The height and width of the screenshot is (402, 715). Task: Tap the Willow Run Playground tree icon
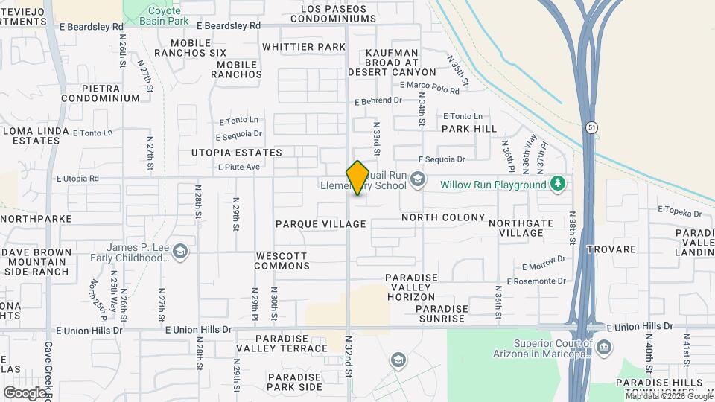(x=557, y=184)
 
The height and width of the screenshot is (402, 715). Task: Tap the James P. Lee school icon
(x=179, y=253)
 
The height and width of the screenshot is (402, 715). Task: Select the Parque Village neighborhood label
(x=321, y=224)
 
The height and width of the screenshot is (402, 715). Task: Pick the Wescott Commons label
(x=282, y=261)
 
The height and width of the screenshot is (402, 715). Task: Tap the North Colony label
(x=443, y=218)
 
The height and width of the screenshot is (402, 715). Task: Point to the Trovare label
(x=610, y=249)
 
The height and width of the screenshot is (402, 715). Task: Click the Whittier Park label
(x=304, y=47)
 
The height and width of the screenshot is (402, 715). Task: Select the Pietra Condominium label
(x=101, y=92)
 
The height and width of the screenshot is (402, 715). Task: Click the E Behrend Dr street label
(x=378, y=100)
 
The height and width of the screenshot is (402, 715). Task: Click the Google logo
(x=25, y=392)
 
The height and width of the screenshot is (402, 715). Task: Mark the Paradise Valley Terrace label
(x=282, y=343)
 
